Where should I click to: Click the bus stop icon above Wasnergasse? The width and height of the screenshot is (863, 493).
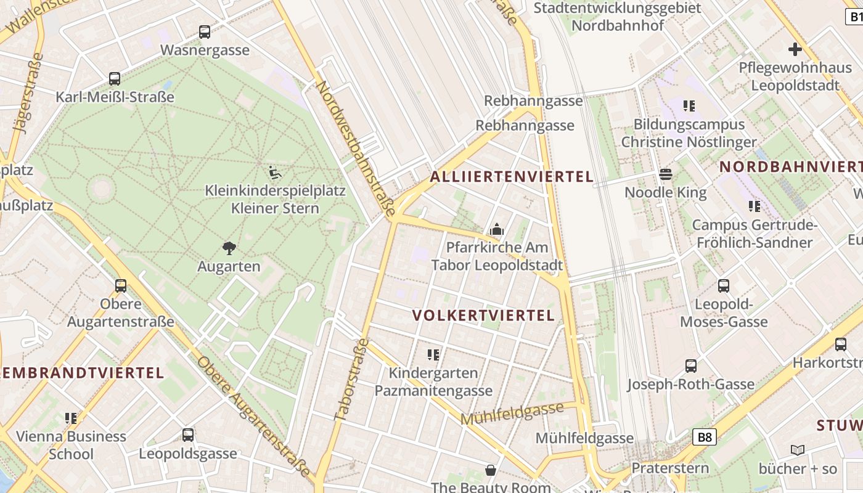[205, 32]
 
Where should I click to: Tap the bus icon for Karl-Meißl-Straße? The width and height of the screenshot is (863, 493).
[115, 79]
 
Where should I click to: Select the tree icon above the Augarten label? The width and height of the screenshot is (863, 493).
[229, 248]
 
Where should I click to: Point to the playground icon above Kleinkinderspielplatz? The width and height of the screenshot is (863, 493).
[275, 173]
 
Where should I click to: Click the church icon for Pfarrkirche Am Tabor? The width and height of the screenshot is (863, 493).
[497, 230]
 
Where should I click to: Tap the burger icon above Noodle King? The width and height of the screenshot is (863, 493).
[666, 174]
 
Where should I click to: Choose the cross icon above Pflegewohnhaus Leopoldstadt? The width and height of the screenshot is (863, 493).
[795, 49]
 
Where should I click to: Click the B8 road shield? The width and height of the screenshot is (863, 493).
[705, 438]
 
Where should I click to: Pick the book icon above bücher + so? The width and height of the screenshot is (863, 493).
[798, 450]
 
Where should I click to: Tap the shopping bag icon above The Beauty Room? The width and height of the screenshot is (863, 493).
[491, 470]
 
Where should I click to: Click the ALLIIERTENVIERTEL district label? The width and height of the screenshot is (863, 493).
[512, 177]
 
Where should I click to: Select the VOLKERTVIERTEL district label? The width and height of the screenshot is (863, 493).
[484, 316]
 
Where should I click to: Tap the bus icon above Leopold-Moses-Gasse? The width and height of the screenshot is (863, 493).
[724, 286]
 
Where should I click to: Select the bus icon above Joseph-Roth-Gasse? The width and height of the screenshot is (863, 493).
[691, 366]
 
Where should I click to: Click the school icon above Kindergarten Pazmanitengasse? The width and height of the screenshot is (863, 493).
[433, 354]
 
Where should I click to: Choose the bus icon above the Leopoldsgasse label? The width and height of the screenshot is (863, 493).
[188, 435]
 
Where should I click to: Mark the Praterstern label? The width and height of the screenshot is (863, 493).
[670, 468]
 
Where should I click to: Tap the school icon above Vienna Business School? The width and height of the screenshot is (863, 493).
[71, 418]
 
